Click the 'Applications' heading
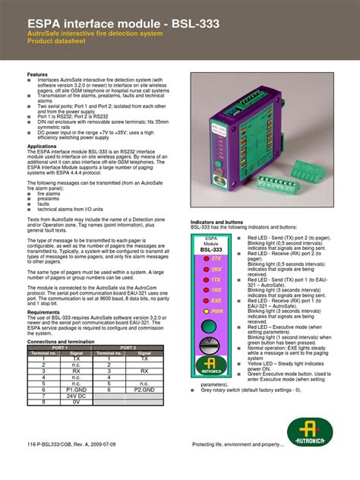[42, 146]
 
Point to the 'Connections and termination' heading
[60, 342]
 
